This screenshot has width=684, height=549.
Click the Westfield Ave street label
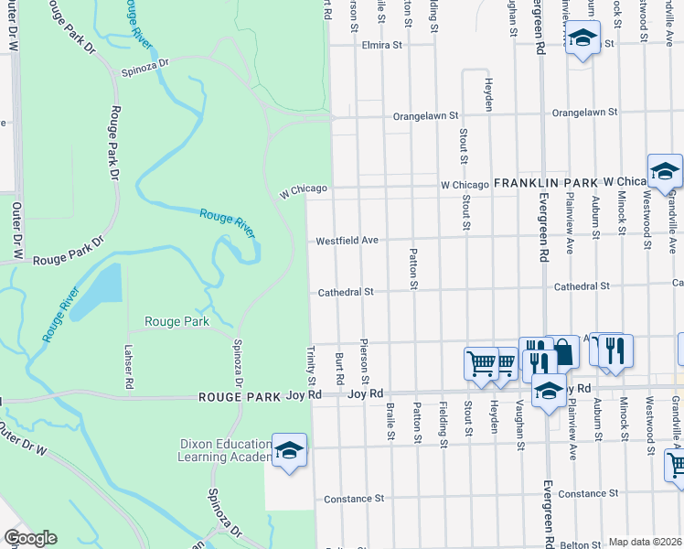tap(347, 242)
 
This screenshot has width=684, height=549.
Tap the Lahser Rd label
tap(129, 369)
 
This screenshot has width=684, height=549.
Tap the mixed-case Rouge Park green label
tap(176, 321)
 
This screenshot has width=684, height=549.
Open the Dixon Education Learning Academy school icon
tap(289, 451)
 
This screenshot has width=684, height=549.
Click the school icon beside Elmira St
tap(581, 39)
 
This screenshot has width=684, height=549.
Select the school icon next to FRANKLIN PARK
tap(665, 170)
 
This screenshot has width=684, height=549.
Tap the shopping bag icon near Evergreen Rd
tap(562, 351)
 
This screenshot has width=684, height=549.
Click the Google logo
tap(29, 538)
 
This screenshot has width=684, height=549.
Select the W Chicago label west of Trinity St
tap(302, 189)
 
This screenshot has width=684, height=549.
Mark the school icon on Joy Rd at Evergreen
tap(548, 392)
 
